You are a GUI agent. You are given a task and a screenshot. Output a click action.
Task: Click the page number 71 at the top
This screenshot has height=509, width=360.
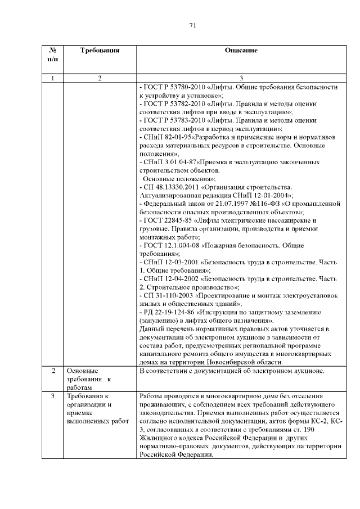192,26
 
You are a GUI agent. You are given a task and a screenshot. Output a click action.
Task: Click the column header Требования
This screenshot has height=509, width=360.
100,51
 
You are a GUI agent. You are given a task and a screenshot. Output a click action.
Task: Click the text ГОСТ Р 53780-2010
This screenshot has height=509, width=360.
170,88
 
